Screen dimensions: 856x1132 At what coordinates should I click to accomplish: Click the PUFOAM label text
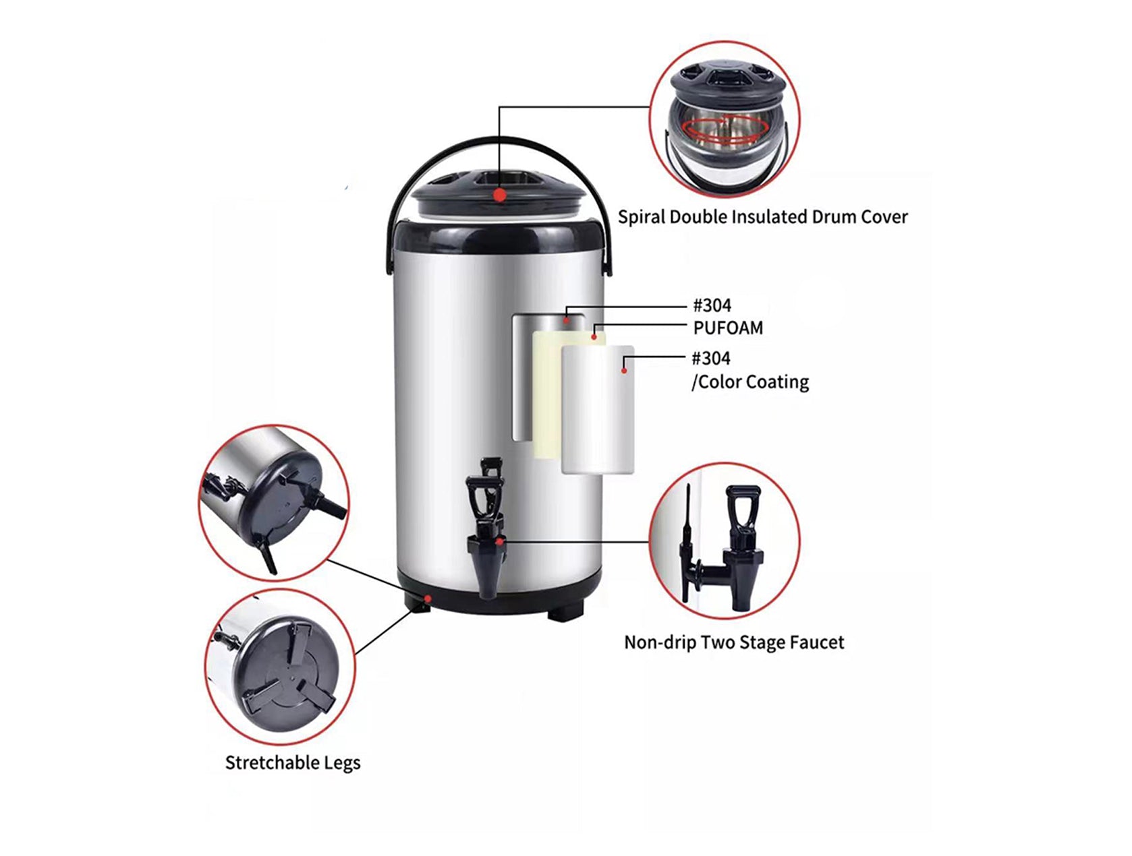point(728,328)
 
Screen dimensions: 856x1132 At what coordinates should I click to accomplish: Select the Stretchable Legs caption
point(292,763)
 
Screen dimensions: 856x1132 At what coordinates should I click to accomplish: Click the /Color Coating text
point(749,382)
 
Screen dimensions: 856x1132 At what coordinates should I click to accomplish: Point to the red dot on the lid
point(499,195)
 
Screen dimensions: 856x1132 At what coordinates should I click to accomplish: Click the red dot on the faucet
point(499,541)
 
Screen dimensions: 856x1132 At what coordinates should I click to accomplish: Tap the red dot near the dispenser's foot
point(428,598)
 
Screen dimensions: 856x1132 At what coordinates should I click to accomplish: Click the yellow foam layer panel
point(546,398)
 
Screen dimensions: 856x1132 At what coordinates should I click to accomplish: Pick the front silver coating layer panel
point(598,411)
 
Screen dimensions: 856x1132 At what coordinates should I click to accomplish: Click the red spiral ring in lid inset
point(715,129)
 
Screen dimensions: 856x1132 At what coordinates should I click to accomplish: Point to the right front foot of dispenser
point(565,613)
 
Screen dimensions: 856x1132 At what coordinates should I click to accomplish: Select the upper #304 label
point(712,306)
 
